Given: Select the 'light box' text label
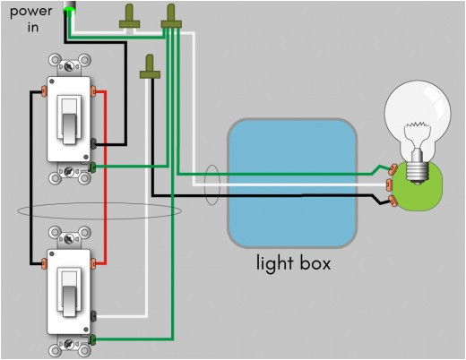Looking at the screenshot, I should [293, 263].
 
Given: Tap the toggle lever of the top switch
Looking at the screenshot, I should [68, 118].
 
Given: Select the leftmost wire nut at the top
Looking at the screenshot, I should [132, 17].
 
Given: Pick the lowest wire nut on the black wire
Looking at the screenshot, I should [148, 68].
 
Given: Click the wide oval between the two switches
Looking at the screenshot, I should [99, 211].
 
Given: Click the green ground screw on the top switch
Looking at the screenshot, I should [94, 166].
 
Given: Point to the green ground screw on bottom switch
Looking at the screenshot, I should [94, 339].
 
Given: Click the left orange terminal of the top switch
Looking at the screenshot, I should [44, 91].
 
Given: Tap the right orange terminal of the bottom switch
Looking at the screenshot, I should [94, 262].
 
